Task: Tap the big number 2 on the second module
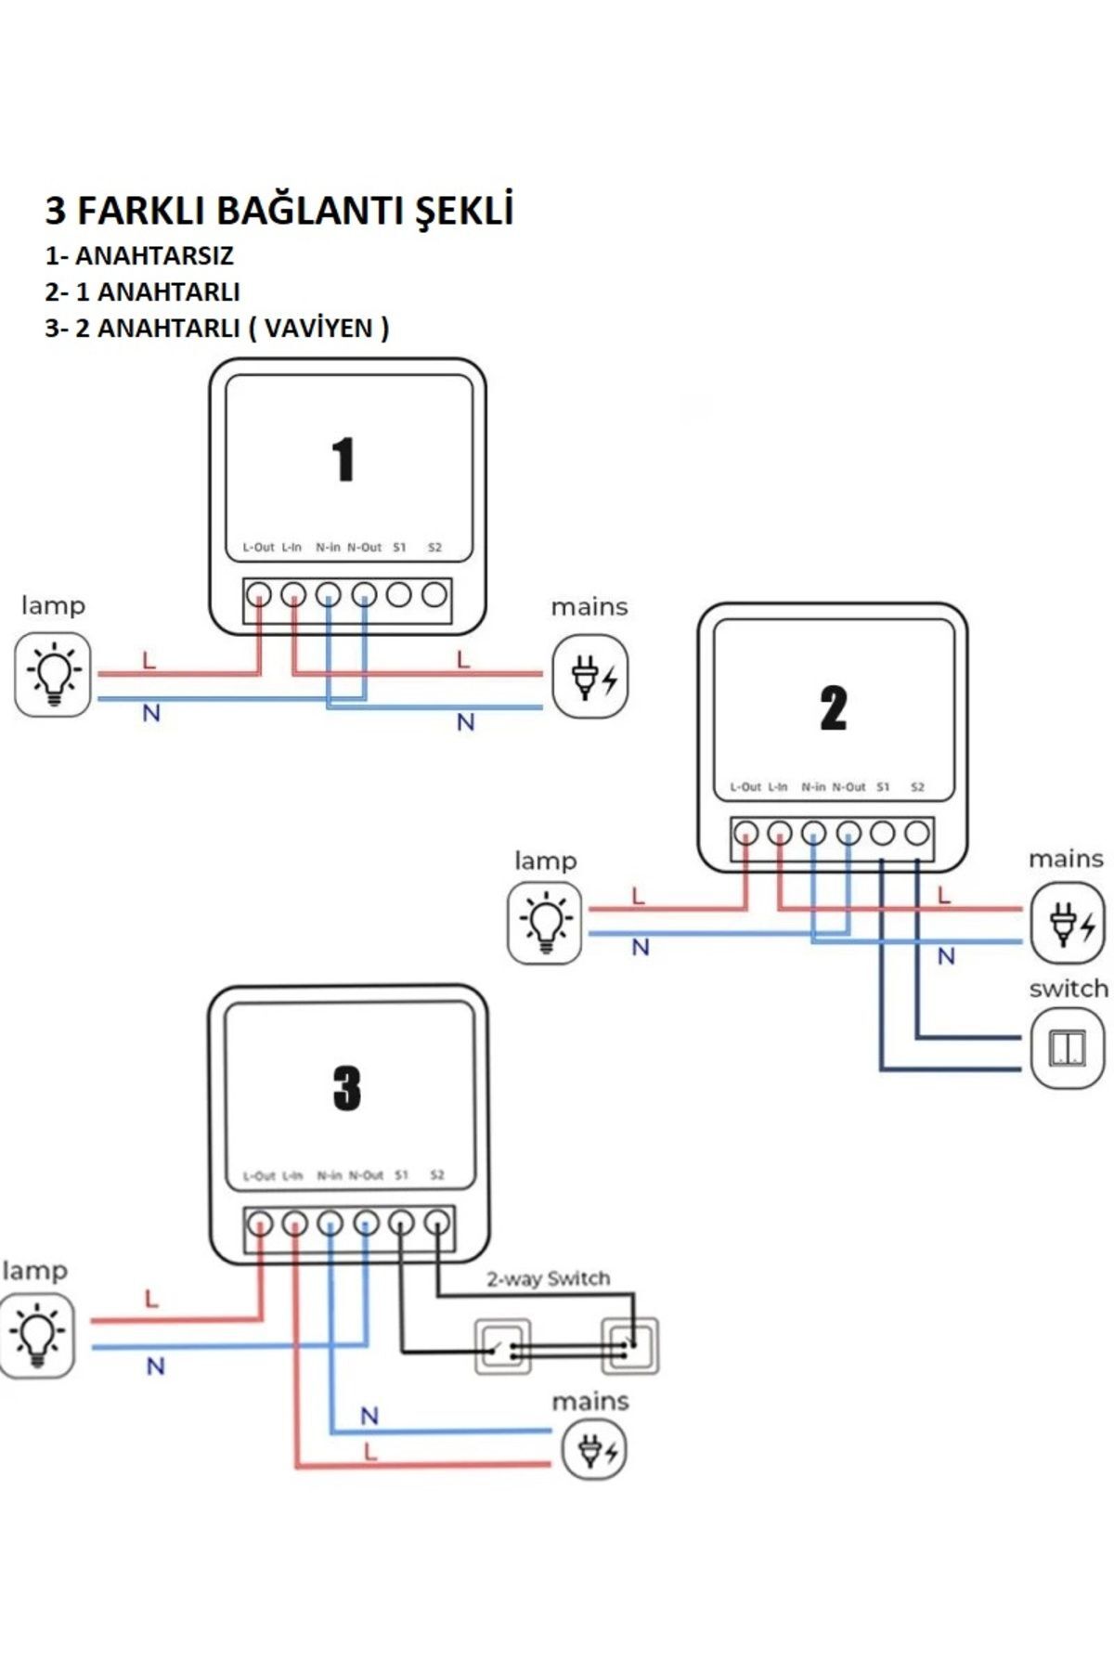coord(833,708)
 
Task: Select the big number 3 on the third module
coord(346,1088)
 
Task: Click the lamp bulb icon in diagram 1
coord(53,675)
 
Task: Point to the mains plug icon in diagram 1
coord(590,676)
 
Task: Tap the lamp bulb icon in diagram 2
coord(545,923)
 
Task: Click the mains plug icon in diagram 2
coord(1068,924)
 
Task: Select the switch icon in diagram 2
coord(1068,1049)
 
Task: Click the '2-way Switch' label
coord(549,1278)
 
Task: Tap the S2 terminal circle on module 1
coord(434,594)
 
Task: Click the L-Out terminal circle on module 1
coord(258,594)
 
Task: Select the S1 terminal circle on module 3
coord(401,1224)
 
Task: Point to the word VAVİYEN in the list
coord(317,328)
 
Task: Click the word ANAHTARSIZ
coord(154,255)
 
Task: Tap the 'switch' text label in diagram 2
coord(1069,989)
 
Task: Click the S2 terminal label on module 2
coord(917,787)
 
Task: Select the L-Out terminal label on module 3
coord(259,1176)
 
